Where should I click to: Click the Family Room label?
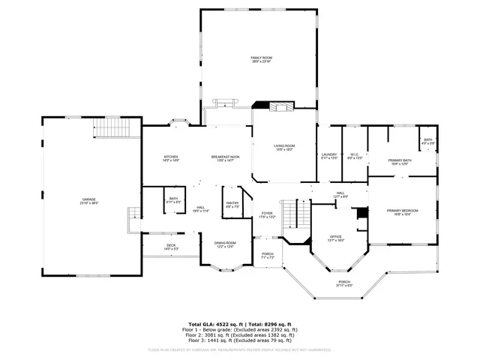coord(259,59)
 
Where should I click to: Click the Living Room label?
coord(283,148)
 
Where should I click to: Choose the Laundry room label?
coord(330,157)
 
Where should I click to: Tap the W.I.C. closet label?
coord(355,157)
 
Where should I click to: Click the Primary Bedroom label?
coord(403,212)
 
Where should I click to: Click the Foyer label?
coord(267,214)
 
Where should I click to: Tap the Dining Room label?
coord(225,244)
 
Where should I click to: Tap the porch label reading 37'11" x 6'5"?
coord(343,283)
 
